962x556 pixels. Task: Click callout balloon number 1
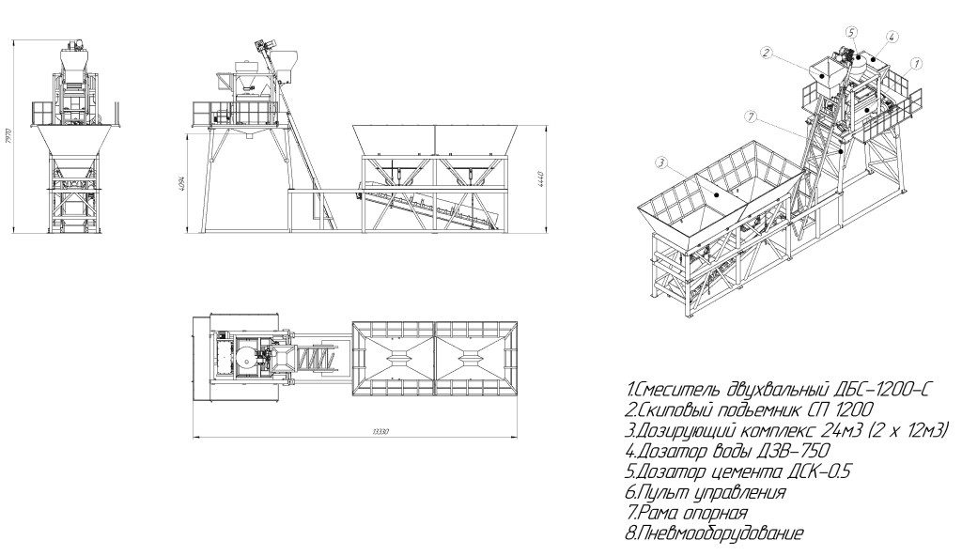coord(916,64)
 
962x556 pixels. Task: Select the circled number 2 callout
coord(767,54)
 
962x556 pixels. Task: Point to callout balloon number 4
coord(890,37)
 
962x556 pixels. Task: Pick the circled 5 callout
coord(851,32)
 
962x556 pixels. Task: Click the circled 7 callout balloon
coord(749,116)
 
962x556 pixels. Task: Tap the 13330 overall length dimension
coord(356,432)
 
